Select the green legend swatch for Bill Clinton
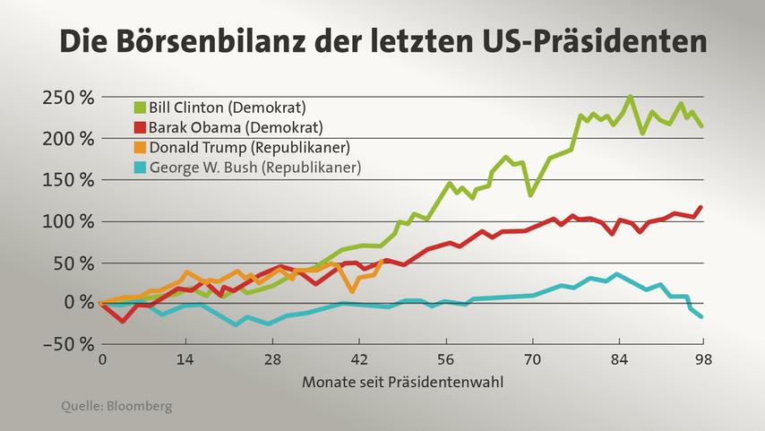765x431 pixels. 139,108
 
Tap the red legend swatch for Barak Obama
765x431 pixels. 139,127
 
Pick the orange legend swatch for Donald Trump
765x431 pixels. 139,147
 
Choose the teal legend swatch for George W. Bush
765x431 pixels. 139,167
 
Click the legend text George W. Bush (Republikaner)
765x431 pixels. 254,167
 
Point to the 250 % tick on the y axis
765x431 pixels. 68,98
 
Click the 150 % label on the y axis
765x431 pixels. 68,180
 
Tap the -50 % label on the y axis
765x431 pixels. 68,344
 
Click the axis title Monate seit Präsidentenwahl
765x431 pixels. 401,382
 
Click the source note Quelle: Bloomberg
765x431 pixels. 116,407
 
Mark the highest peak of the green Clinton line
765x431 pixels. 631,97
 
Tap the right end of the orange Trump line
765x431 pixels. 383,261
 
